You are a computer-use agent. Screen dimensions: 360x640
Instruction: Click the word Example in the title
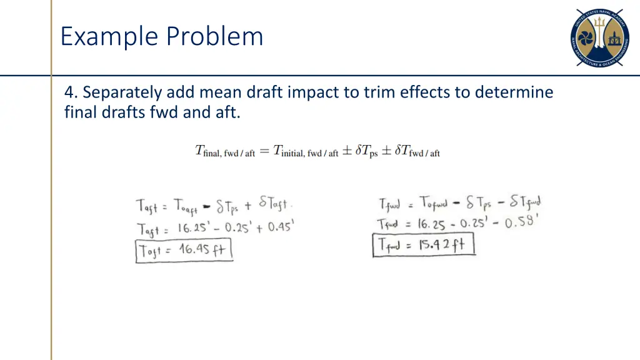pyautogui.click(x=108, y=36)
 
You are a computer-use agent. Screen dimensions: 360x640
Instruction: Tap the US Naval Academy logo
pyautogui.click(x=601, y=37)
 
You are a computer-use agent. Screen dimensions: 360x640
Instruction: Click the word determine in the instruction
pyautogui.click(x=514, y=93)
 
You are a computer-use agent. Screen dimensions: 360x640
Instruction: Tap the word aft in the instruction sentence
pyautogui.click(x=228, y=113)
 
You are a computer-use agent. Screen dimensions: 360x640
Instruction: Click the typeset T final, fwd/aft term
pyautogui.click(x=225, y=151)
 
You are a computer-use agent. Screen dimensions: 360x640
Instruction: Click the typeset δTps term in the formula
pyautogui.click(x=366, y=151)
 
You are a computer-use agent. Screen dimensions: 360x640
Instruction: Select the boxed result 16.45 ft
pyautogui.click(x=184, y=251)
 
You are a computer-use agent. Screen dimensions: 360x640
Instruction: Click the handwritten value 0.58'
pyautogui.click(x=522, y=221)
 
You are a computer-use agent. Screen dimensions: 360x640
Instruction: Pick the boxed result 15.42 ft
pyautogui.click(x=424, y=244)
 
